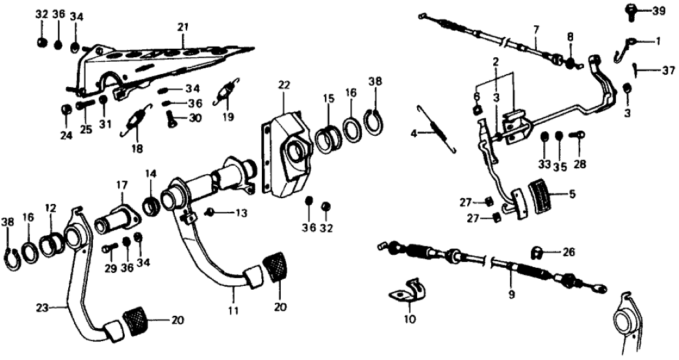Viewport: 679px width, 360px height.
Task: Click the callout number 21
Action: pyautogui.click(x=183, y=27)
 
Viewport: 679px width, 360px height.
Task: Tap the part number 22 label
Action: pyautogui.click(x=283, y=85)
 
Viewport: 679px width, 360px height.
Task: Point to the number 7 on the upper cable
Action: pyautogui.click(x=536, y=30)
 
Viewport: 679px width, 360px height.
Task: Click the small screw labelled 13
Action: pyautogui.click(x=210, y=212)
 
